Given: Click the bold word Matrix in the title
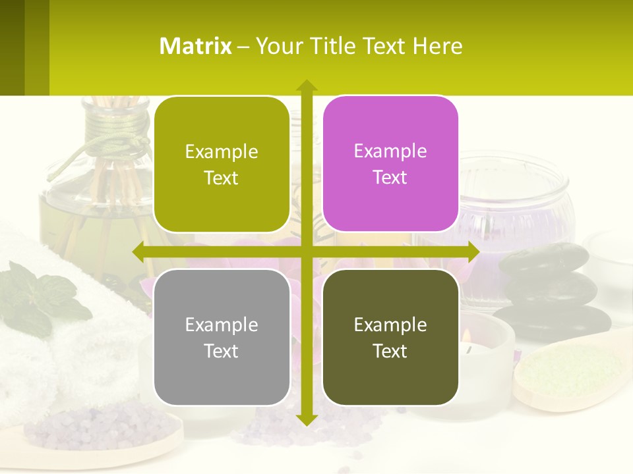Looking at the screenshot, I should tap(196, 46).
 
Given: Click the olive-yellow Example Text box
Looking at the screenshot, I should tap(222, 165).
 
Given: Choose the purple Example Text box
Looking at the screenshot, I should tap(390, 164).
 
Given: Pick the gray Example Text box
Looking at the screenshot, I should tap(222, 337).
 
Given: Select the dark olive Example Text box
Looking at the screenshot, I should tap(390, 337).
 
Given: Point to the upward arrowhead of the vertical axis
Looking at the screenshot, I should tap(306, 86).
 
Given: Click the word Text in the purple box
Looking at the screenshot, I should tap(390, 178).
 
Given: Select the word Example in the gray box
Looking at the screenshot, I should tap(222, 325).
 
